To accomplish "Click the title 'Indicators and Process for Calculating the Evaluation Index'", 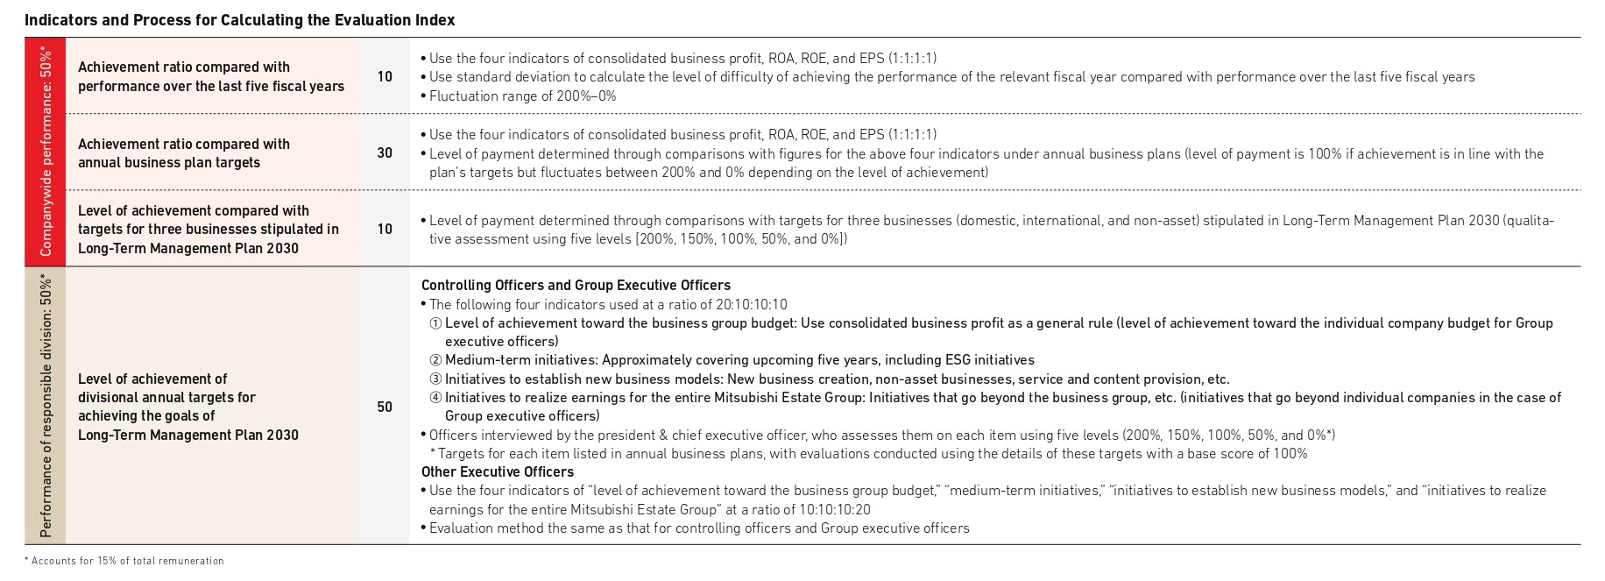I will [x=239, y=20].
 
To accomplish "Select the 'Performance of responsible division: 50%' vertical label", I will [x=46, y=405].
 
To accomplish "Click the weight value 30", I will [x=385, y=152].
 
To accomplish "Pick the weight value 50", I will [x=385, y=407].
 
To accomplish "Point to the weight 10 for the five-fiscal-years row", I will [x=385, y=77].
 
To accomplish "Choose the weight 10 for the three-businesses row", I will [x=385, y=229].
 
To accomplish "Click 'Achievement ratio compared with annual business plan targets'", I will [x=183, y=153].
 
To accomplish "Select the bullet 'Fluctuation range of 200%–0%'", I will [x=522, y=96].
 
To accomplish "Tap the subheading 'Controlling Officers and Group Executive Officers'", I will [x=576, y=286].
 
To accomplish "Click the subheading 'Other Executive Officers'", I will [x=497, y=472].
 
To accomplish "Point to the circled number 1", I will [x=435, y=323].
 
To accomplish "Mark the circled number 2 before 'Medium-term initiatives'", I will [x=435, y=360].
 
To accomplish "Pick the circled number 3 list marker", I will [x=435, y=379].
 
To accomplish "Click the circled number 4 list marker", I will [x=435, y=398].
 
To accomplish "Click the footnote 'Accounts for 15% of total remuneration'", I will [x=127, y=561].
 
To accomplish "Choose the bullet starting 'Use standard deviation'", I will [x=951, y=77].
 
